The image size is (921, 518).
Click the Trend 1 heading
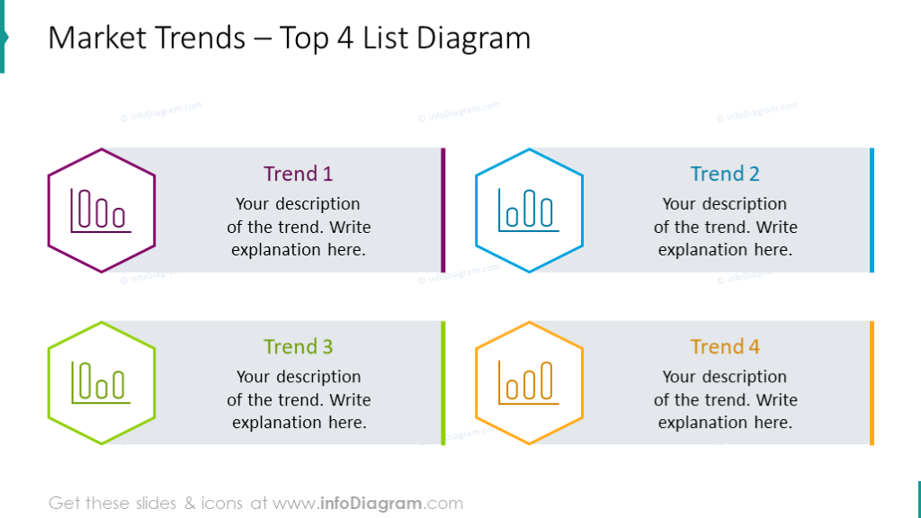pyautogui.click(x=298, y=174)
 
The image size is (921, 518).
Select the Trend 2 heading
pyautogui.click(x=725, y=174)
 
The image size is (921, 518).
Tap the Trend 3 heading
pyautogui.click(x=298, y=346)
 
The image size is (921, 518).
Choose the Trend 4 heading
pyautogui.click(x=725, y=346)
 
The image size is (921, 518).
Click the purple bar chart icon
pyautogui.click(x=101, y=211)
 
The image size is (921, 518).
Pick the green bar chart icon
pyautogui.click(x=101, y=383)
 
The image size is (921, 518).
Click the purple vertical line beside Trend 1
pyautogui.click(x=443, y=210)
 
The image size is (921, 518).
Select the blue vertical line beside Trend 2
pyautogui.click(x=872, y=210)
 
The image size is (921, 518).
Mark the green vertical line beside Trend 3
pyautogui.click(x=443, y=382)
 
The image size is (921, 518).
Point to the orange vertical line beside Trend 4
pyautogui.click(x=872, y=382)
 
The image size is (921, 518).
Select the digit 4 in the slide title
pyautogui.click(x=345, y=39)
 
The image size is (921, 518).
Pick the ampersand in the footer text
pyautogui.click(x=190, y=504)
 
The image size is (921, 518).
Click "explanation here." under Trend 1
pyautogui.click(x=298, y=250)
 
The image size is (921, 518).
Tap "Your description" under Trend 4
pyautogui.click(x=725, y=377)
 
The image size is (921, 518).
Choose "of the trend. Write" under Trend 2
pyautogui.click(x=725, y=227)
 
